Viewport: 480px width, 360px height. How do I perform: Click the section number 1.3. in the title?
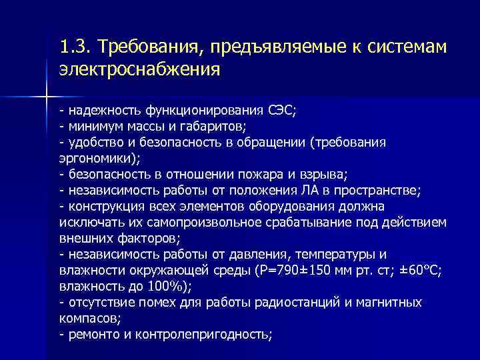tap(74, 47)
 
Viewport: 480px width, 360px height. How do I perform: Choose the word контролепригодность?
tap(204, 335)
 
